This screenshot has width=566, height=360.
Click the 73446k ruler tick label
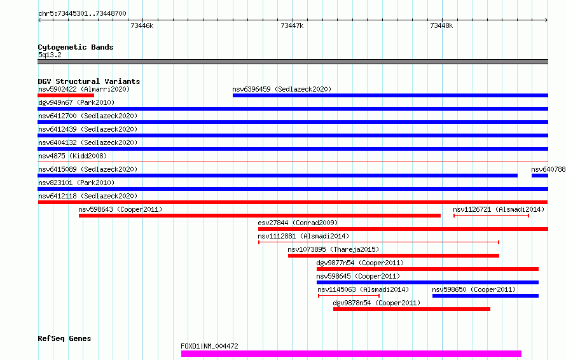point(142,25)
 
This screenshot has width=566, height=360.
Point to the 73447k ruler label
point(292,25)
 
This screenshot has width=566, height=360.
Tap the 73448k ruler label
point(441,25)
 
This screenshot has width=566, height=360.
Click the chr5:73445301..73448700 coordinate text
point(82,13)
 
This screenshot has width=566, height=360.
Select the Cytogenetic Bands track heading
point(76,47)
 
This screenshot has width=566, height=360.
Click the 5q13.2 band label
point(50,55)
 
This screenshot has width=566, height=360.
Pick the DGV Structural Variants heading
point(89,81)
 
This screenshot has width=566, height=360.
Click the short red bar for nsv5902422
point(66,95)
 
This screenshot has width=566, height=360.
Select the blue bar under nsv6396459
point(390,95)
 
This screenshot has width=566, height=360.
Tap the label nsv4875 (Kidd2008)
point(72,156)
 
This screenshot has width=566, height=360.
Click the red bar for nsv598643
point(259,216)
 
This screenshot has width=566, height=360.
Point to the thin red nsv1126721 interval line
point(492,216)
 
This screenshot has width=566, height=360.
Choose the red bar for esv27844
point(403,229)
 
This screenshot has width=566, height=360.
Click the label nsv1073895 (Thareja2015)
point(333,249)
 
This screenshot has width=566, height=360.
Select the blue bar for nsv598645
point(427,282)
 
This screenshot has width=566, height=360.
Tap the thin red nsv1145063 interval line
point(349,296)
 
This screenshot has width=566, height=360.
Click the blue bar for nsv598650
point(485,296)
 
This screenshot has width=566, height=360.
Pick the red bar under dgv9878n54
point(411,309)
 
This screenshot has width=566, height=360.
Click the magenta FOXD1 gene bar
point(351,354)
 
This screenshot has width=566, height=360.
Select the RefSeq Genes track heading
point(65,338)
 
